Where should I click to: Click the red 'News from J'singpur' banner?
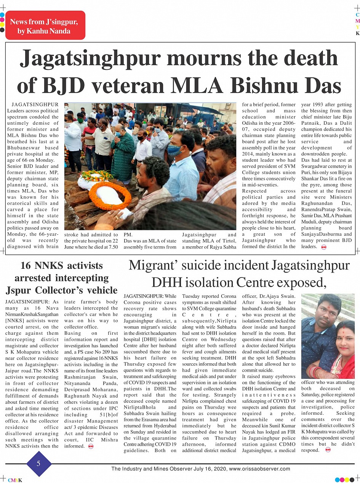45,25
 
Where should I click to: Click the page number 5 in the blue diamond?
38,464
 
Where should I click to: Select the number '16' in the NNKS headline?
26,265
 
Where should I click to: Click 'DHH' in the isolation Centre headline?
166,282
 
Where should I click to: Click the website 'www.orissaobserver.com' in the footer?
259,469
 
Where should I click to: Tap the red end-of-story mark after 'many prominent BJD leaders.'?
323,247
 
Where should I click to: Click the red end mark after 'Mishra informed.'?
91,446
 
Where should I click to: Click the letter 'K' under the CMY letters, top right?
357,33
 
